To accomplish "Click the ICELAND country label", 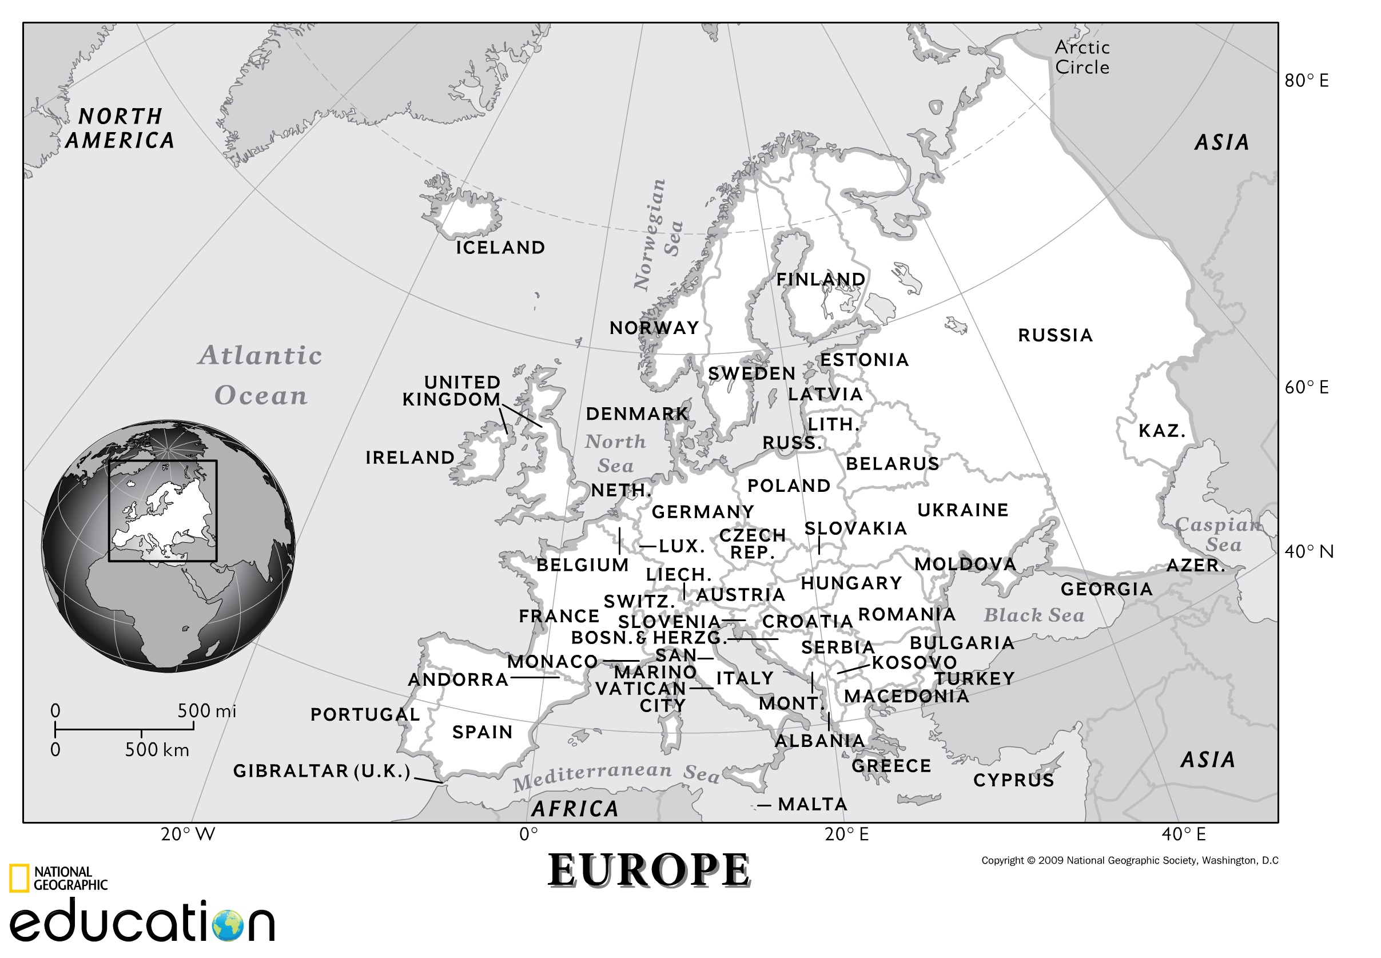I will point(500,247).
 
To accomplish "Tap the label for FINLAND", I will point(821,279).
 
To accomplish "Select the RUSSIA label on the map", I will point(1055,335).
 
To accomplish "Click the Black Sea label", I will point(1033,615).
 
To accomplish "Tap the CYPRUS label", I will point(1013,780).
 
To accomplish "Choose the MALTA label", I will point(812,804).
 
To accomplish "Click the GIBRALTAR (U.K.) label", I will point(322,771).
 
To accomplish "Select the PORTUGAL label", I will point(365,714).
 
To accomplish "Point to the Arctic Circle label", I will point(1082,57).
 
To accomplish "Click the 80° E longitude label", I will point(1306,81).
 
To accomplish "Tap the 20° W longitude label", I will point(188,834).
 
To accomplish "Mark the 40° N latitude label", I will point(1308,551).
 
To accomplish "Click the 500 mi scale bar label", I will point(206,711).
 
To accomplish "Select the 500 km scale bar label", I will point(157,750).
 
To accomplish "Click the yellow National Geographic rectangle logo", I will point(19,878).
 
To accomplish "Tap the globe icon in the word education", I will point(228,925).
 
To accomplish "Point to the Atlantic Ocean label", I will point(261,375).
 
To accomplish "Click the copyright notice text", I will point(1129,860).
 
